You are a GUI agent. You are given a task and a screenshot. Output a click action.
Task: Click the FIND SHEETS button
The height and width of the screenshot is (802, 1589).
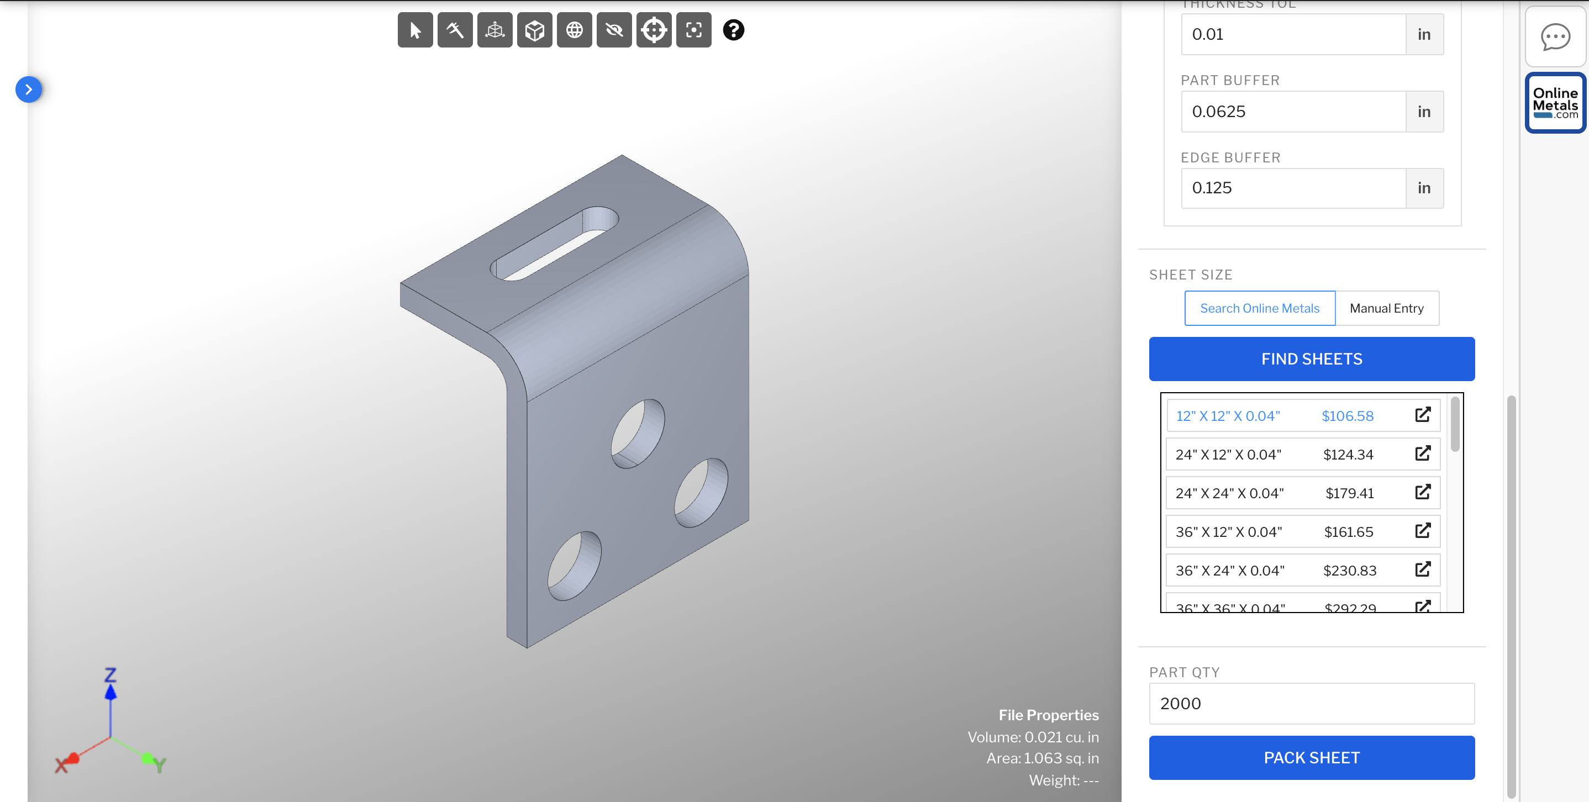pyautogui.click(x=1312, y=359)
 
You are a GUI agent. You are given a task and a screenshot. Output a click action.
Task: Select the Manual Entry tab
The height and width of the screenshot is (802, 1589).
pyautogui.click(x=1386, y=308)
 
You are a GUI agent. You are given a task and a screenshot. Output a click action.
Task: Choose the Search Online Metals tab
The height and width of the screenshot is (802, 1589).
pyautogui.click(x=1259, y=308)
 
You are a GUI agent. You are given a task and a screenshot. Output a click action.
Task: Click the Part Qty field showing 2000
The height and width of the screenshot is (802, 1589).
pyautogui.click(x=1312, y=703)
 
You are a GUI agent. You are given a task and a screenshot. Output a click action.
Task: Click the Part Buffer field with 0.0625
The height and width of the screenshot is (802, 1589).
pyautogui.click(x=1293, y=112)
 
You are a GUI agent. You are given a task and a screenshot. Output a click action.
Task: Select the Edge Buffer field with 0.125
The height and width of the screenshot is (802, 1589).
pyautogui.click(x=1293, y=188)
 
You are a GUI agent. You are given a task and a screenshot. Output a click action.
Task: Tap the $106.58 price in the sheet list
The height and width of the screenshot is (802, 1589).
pyautogui.click(x=1347, y=416)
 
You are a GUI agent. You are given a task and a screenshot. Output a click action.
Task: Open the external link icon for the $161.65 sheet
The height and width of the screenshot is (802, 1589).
pyautogui.click(x=1423, y=531)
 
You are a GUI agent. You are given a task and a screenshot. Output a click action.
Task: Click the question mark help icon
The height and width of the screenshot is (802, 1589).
pyautogui.click(x=733, y=30)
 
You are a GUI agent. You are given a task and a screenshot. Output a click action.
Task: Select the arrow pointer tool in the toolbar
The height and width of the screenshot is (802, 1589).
pyautogui.click(x=415, y=30)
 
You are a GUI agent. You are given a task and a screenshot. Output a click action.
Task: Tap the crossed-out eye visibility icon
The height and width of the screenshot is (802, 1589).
pyautogui.click(x=614, y=30)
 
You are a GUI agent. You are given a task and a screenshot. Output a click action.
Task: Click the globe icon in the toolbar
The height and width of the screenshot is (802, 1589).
pyautogui.click(x=574, y=30)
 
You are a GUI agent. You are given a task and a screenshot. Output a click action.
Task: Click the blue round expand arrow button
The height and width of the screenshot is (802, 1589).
pyautogui.click(x=28, y=89)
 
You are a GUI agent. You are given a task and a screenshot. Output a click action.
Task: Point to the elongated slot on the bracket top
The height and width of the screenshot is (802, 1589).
pyautogui.click(x=555, y=244)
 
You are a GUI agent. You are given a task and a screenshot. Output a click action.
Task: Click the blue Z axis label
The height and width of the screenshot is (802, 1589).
pyautogui.click(x=111, y=674)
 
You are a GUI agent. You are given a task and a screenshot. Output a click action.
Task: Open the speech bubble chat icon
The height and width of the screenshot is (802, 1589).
pyautogui.click(x=1555, y=37)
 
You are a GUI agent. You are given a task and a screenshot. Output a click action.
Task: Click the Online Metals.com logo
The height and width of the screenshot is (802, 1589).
pyautogui.click(x=1555, y=103)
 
